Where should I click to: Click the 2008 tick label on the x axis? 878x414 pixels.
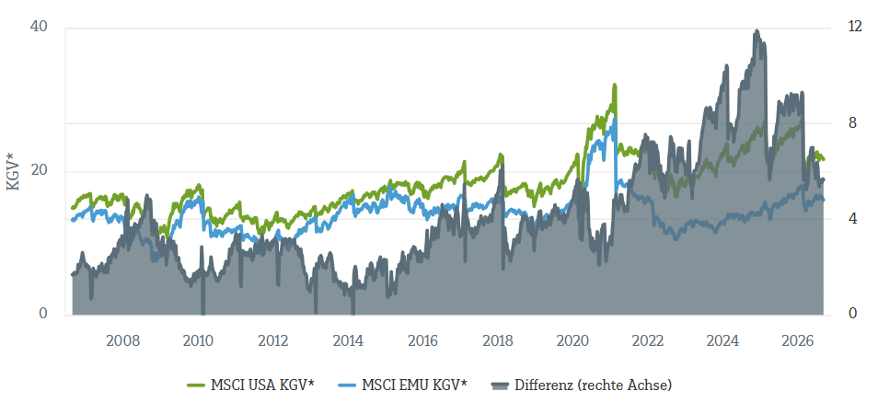122,341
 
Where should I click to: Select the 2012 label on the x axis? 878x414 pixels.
272,341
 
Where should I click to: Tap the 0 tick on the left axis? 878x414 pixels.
43,314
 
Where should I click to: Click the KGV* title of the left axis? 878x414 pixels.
14,170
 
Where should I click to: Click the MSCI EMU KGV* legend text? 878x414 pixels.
414,385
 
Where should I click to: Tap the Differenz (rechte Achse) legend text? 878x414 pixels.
593,385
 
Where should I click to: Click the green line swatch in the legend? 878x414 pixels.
196,385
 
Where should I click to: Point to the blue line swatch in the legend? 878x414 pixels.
347,385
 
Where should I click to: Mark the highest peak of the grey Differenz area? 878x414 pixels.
757,31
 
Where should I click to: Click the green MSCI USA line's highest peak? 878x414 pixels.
614,85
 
